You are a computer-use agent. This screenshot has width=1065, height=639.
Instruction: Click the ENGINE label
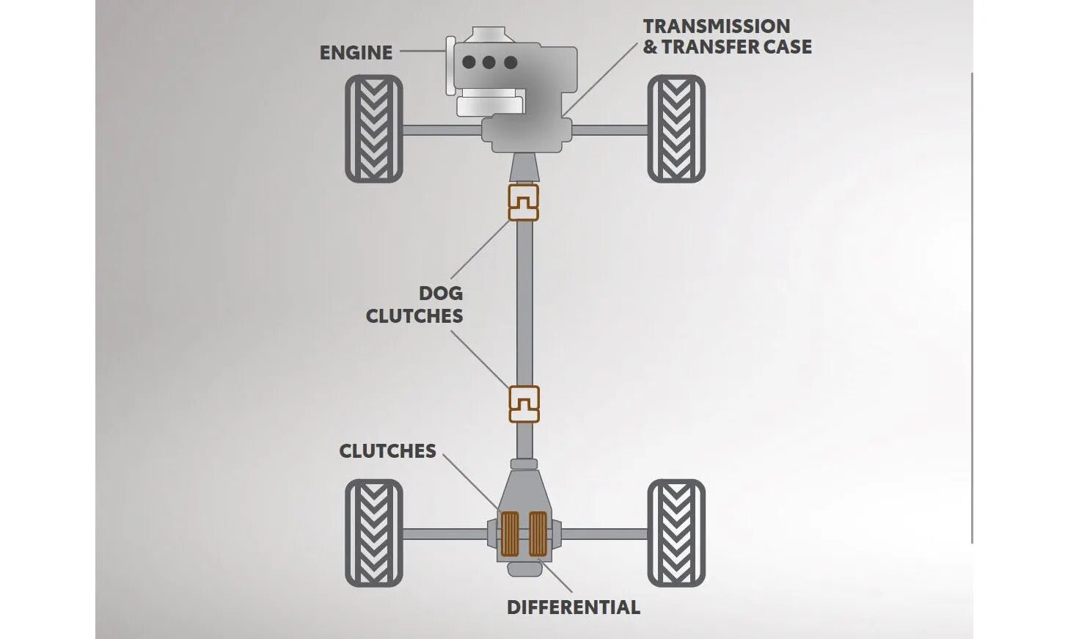pyautogui.click(x=356, y=53)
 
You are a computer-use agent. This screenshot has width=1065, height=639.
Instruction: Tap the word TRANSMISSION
pyautogui.click(x=716, y=26)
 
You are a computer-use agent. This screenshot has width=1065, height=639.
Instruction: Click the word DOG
pyautogui.click(x=440, y=293)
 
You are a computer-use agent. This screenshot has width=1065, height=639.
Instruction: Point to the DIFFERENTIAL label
pyautogui.click(x=573, y=607)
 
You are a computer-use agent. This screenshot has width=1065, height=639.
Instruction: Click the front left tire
pyautogui.click(x=374, y=129)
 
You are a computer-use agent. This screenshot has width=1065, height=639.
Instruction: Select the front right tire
pyautogui.click(x=676, y=129)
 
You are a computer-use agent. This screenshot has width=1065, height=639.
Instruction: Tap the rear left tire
pyautogui.click(x=374, y=533)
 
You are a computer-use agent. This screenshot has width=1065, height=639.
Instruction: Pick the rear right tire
pyautogui.click(x=676, y=533)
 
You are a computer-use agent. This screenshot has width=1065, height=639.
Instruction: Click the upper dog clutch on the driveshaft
pyautogui.click(x=524, y=202)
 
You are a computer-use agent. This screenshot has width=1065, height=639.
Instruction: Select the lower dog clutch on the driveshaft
pyautogui.click(x=524, y=404)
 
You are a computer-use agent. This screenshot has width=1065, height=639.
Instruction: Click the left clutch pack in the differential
pyautogui.click(x=509, y=533)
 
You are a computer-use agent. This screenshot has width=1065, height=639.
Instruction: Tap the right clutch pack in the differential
pyautogui.click(x=538, y=533)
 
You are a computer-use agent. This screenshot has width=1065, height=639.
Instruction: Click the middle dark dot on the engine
pyautogui.click(x=489, y=62)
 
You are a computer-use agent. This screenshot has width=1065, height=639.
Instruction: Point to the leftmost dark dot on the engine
pyautogui.click(x=469, y=62)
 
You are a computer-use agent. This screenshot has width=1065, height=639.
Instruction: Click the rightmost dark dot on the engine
pyautogui.click(x=510, y=62)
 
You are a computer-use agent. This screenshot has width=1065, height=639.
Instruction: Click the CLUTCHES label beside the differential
pyautogui.click(x=387, y=451)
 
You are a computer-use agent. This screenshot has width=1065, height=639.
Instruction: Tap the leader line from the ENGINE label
pyautogui.click(x=422, y=51)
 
